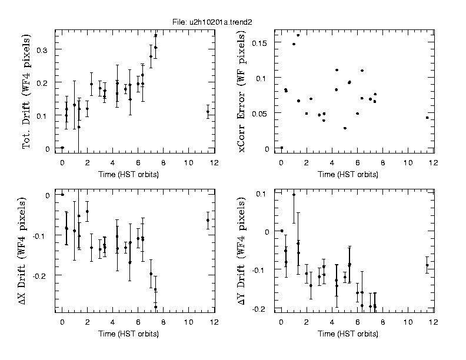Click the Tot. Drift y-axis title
[27, 91]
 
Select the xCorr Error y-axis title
[242, 91]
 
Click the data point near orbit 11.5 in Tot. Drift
[208, 112]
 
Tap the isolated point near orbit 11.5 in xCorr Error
[427, 118]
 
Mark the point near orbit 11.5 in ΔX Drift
[208, 220]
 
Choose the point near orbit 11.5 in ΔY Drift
[427, 265]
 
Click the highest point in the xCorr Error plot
[298, 35]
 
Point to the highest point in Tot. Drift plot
[155, 36]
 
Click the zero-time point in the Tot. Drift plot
[62, 148]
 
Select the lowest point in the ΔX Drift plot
[156, 307]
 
